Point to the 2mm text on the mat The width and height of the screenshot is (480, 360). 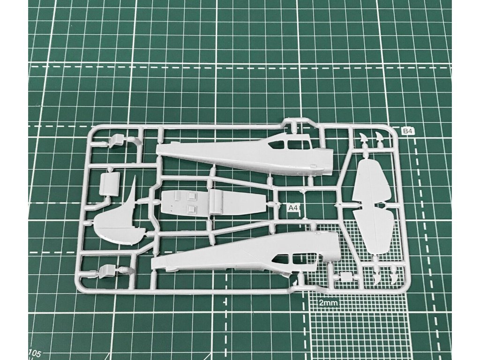point(328,303)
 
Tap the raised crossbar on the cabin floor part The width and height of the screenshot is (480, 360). point(217,202)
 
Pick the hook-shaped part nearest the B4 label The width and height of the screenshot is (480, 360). point(377,138)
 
